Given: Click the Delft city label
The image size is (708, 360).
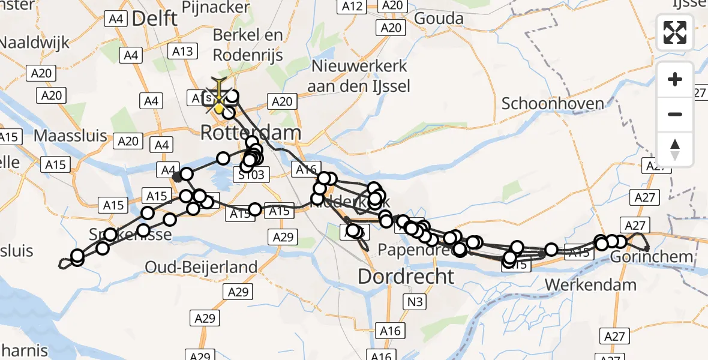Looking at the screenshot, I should click(154, 18).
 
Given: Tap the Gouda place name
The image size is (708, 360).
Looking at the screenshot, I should click(439, 18).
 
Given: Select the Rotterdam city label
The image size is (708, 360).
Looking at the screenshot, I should click(250, 132).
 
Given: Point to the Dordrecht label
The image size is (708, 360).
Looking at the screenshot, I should click(406, 277).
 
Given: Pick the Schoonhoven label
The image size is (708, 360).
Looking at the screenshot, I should click(553, 103).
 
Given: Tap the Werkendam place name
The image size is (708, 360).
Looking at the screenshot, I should click(590, 284).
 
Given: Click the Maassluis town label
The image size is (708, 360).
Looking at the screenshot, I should click(70, 135).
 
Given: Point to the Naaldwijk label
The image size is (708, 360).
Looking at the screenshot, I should click(35, 43).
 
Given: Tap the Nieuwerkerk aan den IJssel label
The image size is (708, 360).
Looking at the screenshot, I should click(358, 76).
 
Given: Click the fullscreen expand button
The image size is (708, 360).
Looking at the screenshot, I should click(675, 32).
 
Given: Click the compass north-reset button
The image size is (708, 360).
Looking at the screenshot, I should click(675, 149).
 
